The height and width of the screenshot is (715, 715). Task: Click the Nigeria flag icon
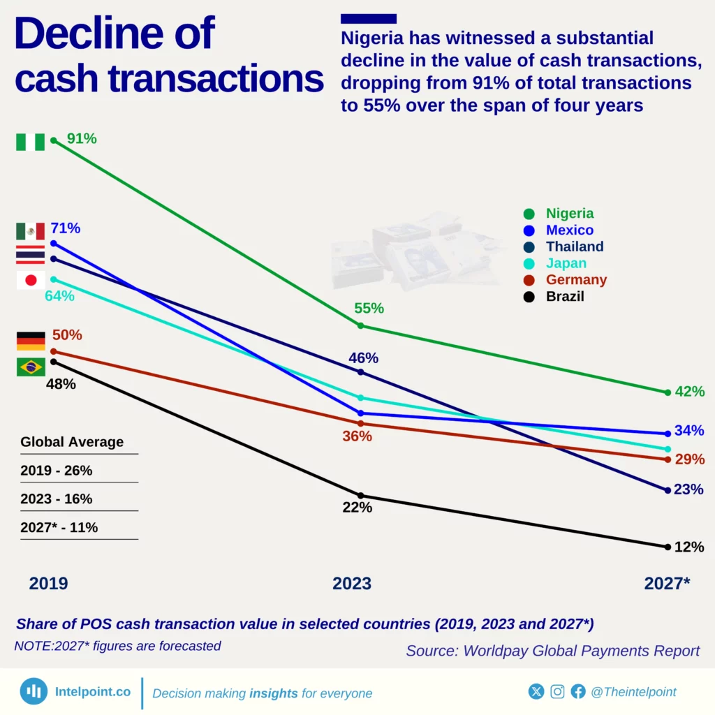[x=31, y=142]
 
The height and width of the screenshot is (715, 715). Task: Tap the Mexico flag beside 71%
[x=31, y=231]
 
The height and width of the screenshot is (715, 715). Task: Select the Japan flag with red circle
[x=31, y=280]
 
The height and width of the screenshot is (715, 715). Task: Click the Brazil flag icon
[x=31, y=367]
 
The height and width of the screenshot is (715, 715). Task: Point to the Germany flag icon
[x=31, y=341]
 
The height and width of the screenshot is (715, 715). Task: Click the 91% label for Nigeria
[x=82, y=139]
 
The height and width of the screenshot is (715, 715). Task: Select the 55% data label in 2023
[x=369, y=309]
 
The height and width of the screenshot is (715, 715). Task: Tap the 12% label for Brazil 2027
[x=689, y=547]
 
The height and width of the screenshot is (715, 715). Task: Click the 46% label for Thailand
[x=363, y=358]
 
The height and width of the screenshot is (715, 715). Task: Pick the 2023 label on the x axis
[x=352, y=584]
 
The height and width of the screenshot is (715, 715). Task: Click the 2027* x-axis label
[x=667, y=584]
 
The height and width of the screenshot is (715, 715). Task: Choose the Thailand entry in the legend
[x=574, y=246]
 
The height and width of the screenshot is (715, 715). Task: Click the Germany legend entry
[x=575, y=280]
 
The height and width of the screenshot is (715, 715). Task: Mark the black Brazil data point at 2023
[x=360, y=496]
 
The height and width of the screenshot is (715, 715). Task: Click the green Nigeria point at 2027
[x=668, y=392]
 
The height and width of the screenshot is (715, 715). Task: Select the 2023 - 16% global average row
[x=57, y=499]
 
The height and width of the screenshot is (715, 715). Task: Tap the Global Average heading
[x=72, y=442]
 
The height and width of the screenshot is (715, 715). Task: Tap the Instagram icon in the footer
[x=557, y=692]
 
